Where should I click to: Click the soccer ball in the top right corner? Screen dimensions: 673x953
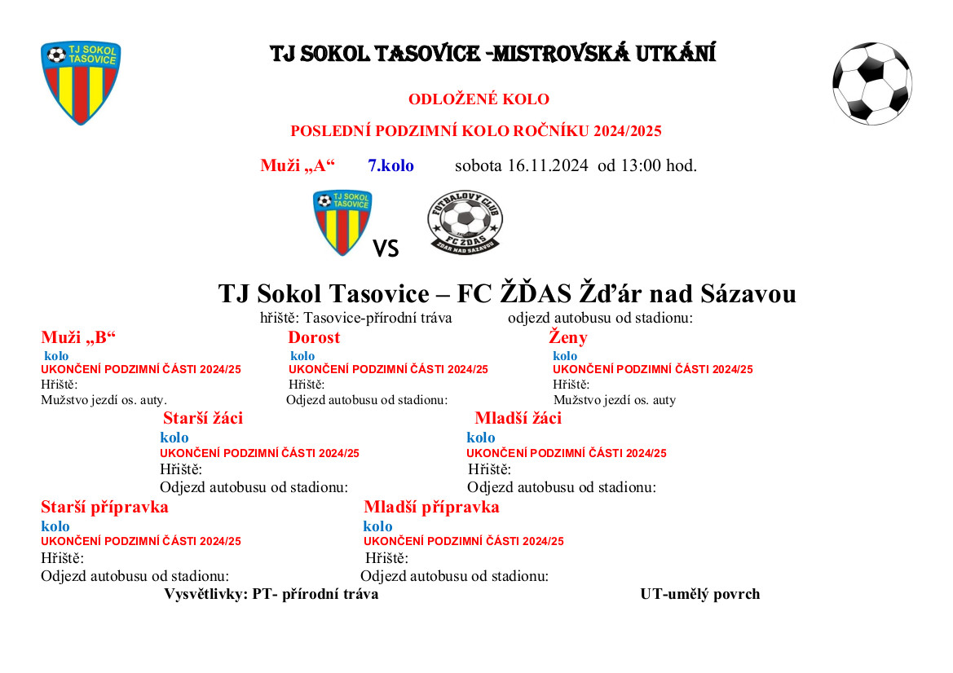tap(871, 83)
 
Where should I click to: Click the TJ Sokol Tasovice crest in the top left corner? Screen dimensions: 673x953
tap(81, 82)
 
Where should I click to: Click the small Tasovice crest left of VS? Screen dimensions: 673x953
tap(342, 222)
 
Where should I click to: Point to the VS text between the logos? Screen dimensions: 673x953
tap(386, 249)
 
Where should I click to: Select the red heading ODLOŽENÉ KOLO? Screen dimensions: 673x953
tap(479, 99)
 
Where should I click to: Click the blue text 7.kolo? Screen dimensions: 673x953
tap(390, 165)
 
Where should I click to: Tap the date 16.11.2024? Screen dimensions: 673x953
tap(548, 165)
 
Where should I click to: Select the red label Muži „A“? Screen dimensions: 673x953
tap(298, 165)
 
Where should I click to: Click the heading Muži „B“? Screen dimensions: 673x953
tap(79, 337)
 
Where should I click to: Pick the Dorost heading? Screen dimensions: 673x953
tap(314, 337)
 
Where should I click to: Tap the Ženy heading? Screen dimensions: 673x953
tap(568, 337)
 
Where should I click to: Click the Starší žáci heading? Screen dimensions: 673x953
tap(203, 419)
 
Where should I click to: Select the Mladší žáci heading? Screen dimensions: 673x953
tap(518, 419)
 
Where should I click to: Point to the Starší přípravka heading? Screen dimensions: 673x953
tap(104, 507)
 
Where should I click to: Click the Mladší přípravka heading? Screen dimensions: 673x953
tap(431, 507)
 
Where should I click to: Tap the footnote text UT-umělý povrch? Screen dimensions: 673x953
tap(699, 594)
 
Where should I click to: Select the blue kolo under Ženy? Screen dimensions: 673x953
tap(565, 356)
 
